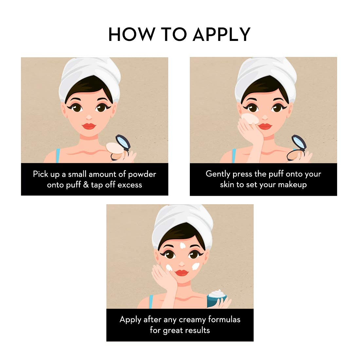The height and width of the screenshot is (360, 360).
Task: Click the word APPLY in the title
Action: (x=222, y=34)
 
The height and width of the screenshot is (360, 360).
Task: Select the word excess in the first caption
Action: (x=130, y=185)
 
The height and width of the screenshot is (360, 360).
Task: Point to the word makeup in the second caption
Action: (x=291, y=185)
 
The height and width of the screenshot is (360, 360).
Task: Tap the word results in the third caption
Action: (x=196, y=330)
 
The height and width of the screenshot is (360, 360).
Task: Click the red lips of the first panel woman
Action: (x=88, y=126)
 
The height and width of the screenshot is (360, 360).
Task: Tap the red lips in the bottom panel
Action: (x=182, y=273)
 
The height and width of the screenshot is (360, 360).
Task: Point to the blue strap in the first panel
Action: (x=58, y=155)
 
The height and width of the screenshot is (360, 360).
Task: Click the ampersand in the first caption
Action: (x=86, y=185)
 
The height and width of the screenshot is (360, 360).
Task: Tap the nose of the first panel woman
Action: (x=89, y=116)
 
